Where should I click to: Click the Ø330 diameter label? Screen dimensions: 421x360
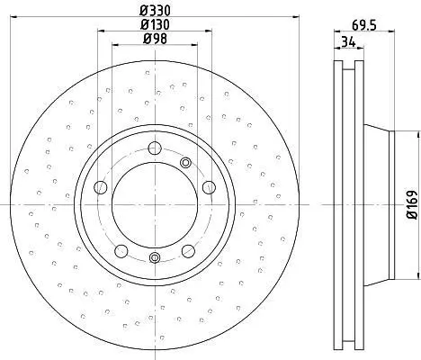point(156,11)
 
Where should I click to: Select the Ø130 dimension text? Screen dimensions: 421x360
point(156,24)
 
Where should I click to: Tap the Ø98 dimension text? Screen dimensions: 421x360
point(155,39)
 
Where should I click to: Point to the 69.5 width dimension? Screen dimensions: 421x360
point(364,25)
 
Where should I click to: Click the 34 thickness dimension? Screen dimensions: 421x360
point(348,41)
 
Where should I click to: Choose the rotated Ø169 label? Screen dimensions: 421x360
point(412,204)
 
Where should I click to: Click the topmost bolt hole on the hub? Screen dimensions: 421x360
point(155,148)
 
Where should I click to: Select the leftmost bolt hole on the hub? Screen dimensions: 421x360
point(101,187)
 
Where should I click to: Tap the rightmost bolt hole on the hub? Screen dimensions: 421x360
point(209,187)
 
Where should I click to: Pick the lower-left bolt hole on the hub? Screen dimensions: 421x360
point(121,251)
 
